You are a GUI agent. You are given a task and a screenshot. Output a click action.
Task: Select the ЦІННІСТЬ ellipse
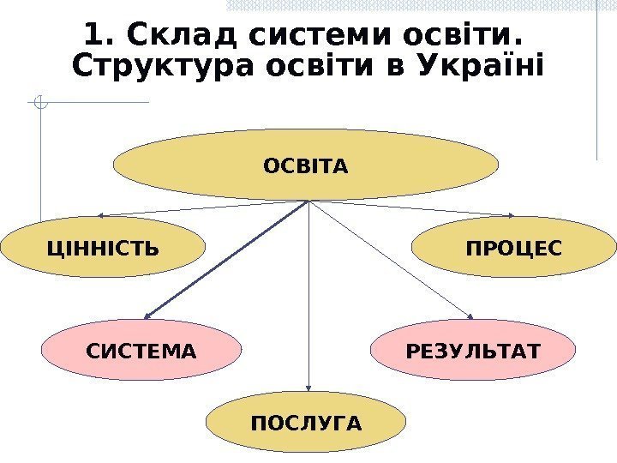[103, 250]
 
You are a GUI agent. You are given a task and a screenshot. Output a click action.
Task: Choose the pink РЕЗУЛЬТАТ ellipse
[474, 351]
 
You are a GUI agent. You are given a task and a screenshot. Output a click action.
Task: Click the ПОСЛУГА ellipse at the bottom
[306, 423]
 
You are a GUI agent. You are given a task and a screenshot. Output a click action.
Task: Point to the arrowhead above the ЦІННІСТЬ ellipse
[101, 214]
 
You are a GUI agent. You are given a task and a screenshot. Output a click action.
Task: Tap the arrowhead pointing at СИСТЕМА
[147, 316]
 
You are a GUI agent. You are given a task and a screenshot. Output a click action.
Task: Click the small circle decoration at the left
[39, 105]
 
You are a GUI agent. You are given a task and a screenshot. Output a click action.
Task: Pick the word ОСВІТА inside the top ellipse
[306, 165]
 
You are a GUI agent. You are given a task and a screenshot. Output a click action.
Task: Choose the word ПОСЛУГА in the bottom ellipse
[306, 423]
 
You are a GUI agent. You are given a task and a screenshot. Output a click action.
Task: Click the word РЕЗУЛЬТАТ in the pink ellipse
[474, 351]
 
